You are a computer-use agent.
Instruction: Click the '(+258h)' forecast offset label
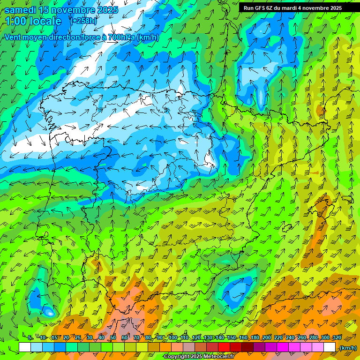[x=84, y=21]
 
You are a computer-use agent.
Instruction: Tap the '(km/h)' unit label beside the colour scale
[x=348, y=348]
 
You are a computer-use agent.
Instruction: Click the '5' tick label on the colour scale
[x=30, y=338]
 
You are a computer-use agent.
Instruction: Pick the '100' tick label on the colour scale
[x=172, y=338]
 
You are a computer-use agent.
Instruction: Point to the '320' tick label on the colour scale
[x=337, y=338]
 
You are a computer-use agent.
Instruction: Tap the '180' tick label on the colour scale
[x=255, y=338]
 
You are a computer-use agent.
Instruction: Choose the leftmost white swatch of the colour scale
[x=25, y=347]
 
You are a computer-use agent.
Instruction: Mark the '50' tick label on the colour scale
[x=113, y=338]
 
